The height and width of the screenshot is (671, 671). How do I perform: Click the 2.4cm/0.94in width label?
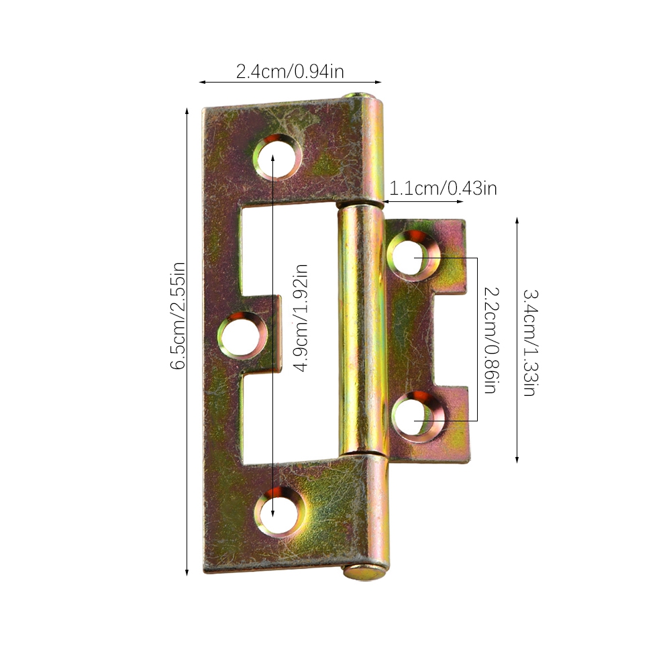click(x=290, y=72)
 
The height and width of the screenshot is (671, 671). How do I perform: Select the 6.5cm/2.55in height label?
click(x=178, y=316)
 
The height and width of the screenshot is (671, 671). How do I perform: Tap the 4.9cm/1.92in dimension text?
click(x=301, y=318)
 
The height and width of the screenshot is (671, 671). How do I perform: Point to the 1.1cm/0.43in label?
click(x=443, y=189)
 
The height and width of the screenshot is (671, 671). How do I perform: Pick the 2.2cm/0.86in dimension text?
click(x=492, y=340)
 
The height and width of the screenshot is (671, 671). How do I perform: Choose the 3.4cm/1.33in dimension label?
click(x=530, y=343)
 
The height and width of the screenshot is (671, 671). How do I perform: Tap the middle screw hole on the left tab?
click(x=242, y=335)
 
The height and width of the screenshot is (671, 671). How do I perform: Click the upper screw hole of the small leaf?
click(x=412, y=256)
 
